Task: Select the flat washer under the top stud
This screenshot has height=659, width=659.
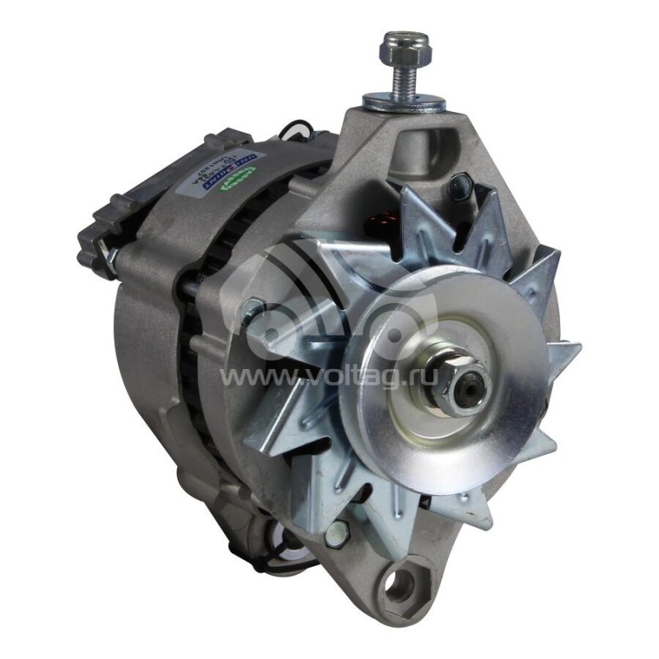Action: (404, 102)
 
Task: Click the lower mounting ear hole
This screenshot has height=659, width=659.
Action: (403, 586)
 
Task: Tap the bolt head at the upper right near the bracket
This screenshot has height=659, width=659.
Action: (458, 188)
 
